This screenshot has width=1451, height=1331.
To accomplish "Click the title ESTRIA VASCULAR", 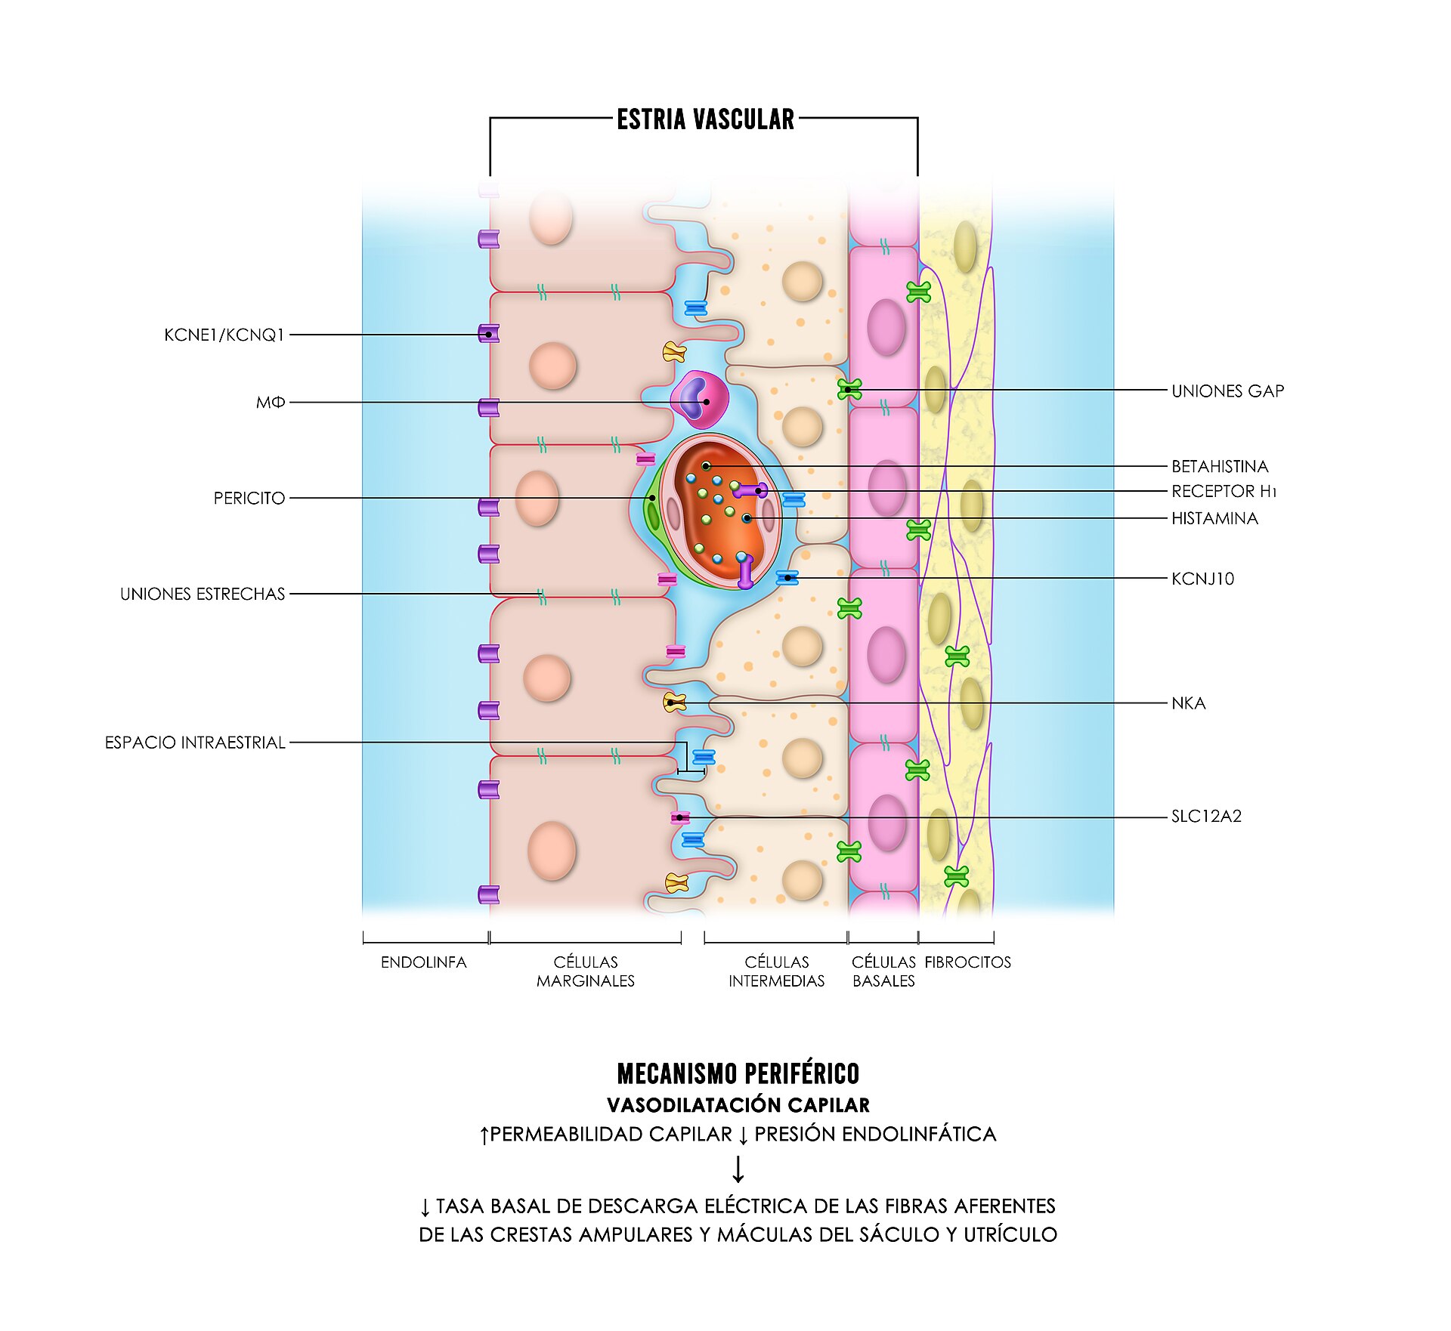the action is click(x=705, y=119).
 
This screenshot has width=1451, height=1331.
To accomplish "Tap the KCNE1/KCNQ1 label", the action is click(x=224, y=335).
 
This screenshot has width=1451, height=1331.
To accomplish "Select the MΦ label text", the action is click(x=271, y=403).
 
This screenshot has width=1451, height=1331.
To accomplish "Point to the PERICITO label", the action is click(x=249, y=499).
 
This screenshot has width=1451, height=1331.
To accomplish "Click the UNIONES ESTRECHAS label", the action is click(x=203, y=594).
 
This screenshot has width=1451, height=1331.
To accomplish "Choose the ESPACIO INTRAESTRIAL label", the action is click(x=195, y=743).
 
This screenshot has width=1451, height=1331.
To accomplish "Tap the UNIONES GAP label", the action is click(x=1228, y=391).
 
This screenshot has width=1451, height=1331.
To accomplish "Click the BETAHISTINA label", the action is click(x=1220, y=467).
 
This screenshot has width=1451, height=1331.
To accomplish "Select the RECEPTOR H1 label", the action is click(x=1224, y=492).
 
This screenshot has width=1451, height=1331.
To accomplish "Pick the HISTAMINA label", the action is click(x=1214, y=519).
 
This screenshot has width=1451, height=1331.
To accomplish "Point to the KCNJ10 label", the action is click(x=1202, y=579).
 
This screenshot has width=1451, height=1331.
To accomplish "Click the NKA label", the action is click(x=1189, y=704).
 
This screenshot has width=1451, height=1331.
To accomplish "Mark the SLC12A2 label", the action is click(x=1206, y=817).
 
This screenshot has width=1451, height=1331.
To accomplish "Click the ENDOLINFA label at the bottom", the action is click(x=424, y=962).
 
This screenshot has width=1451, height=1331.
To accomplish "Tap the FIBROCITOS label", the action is click(x=968, y=962).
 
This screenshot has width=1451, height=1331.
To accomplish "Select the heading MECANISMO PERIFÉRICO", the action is click(x=738, y=1074).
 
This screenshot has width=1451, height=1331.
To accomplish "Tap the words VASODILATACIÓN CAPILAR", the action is click(x=738, y=1105).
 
